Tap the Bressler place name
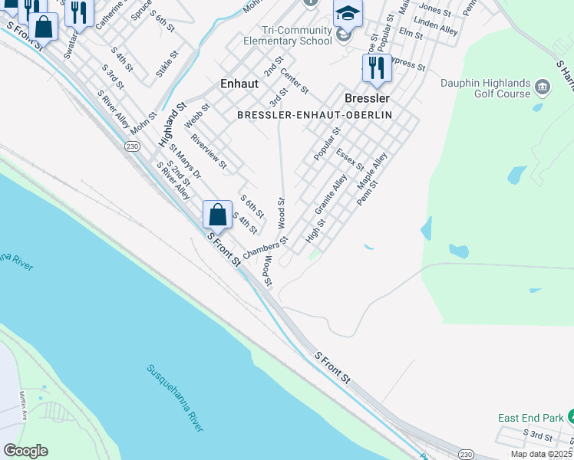[x=367, y=98]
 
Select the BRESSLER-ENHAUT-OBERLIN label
[x=315, y=114]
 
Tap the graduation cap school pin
[x=347, y=15]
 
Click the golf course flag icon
[x=543, y=85]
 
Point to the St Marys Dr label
[x=184, y=162]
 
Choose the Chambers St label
[x=265, y=247]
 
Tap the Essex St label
[x=350, y=160]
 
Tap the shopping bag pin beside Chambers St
[x=217, y=215]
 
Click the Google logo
[x=25, y=451]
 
